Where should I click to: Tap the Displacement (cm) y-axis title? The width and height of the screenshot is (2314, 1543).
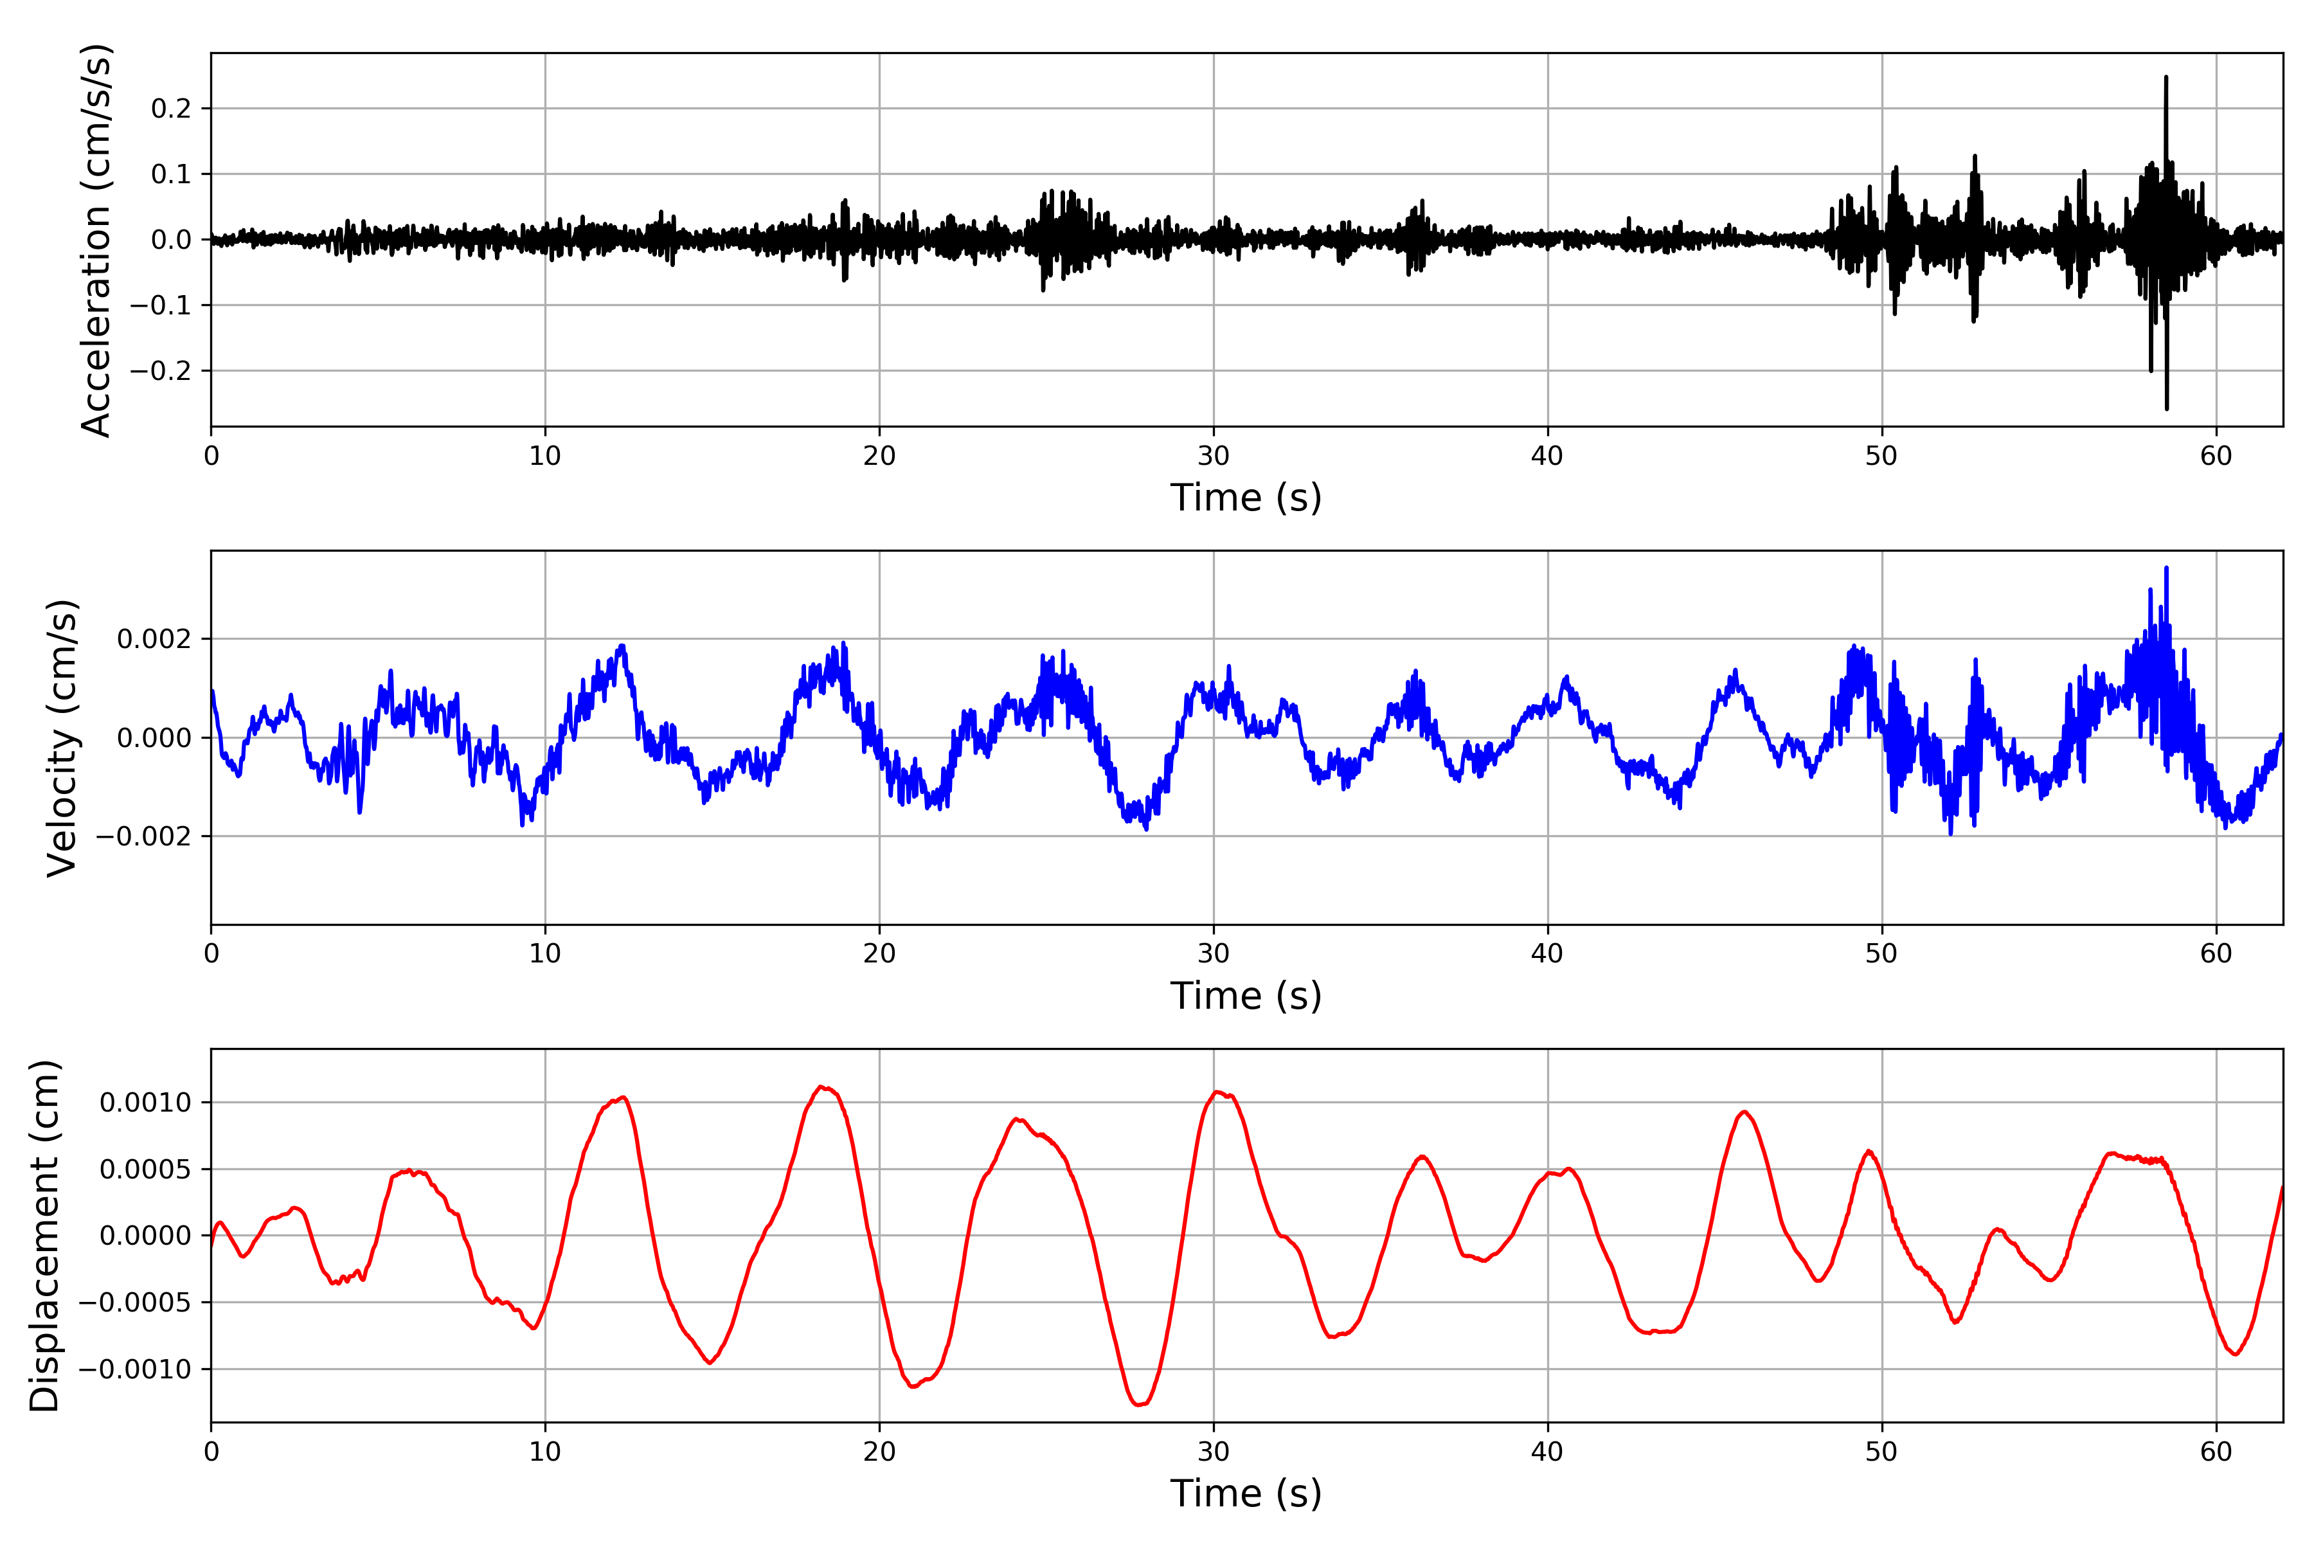[44, 1235]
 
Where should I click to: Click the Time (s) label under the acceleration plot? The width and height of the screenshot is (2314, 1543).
[1246, 498]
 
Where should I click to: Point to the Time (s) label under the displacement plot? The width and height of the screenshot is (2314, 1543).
[1246, 1493]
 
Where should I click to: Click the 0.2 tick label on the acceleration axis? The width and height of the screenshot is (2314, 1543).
[171, 108]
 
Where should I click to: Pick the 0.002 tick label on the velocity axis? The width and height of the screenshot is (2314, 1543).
[154, 640]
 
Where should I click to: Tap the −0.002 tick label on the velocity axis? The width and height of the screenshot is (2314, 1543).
[143, 836]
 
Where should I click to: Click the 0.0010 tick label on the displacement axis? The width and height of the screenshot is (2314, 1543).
[146, 1102]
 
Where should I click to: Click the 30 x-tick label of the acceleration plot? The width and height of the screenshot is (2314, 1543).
[1213, 456]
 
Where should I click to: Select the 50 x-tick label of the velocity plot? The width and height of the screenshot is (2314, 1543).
[1881, 953]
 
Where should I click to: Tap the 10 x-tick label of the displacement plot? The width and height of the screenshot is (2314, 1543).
[545, 1452]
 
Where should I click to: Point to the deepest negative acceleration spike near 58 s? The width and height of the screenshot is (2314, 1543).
[2166, 408]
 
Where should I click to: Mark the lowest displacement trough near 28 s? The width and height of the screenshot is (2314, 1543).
[1138, 1404]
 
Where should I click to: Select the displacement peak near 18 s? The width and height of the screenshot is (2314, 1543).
[821, 1087]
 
